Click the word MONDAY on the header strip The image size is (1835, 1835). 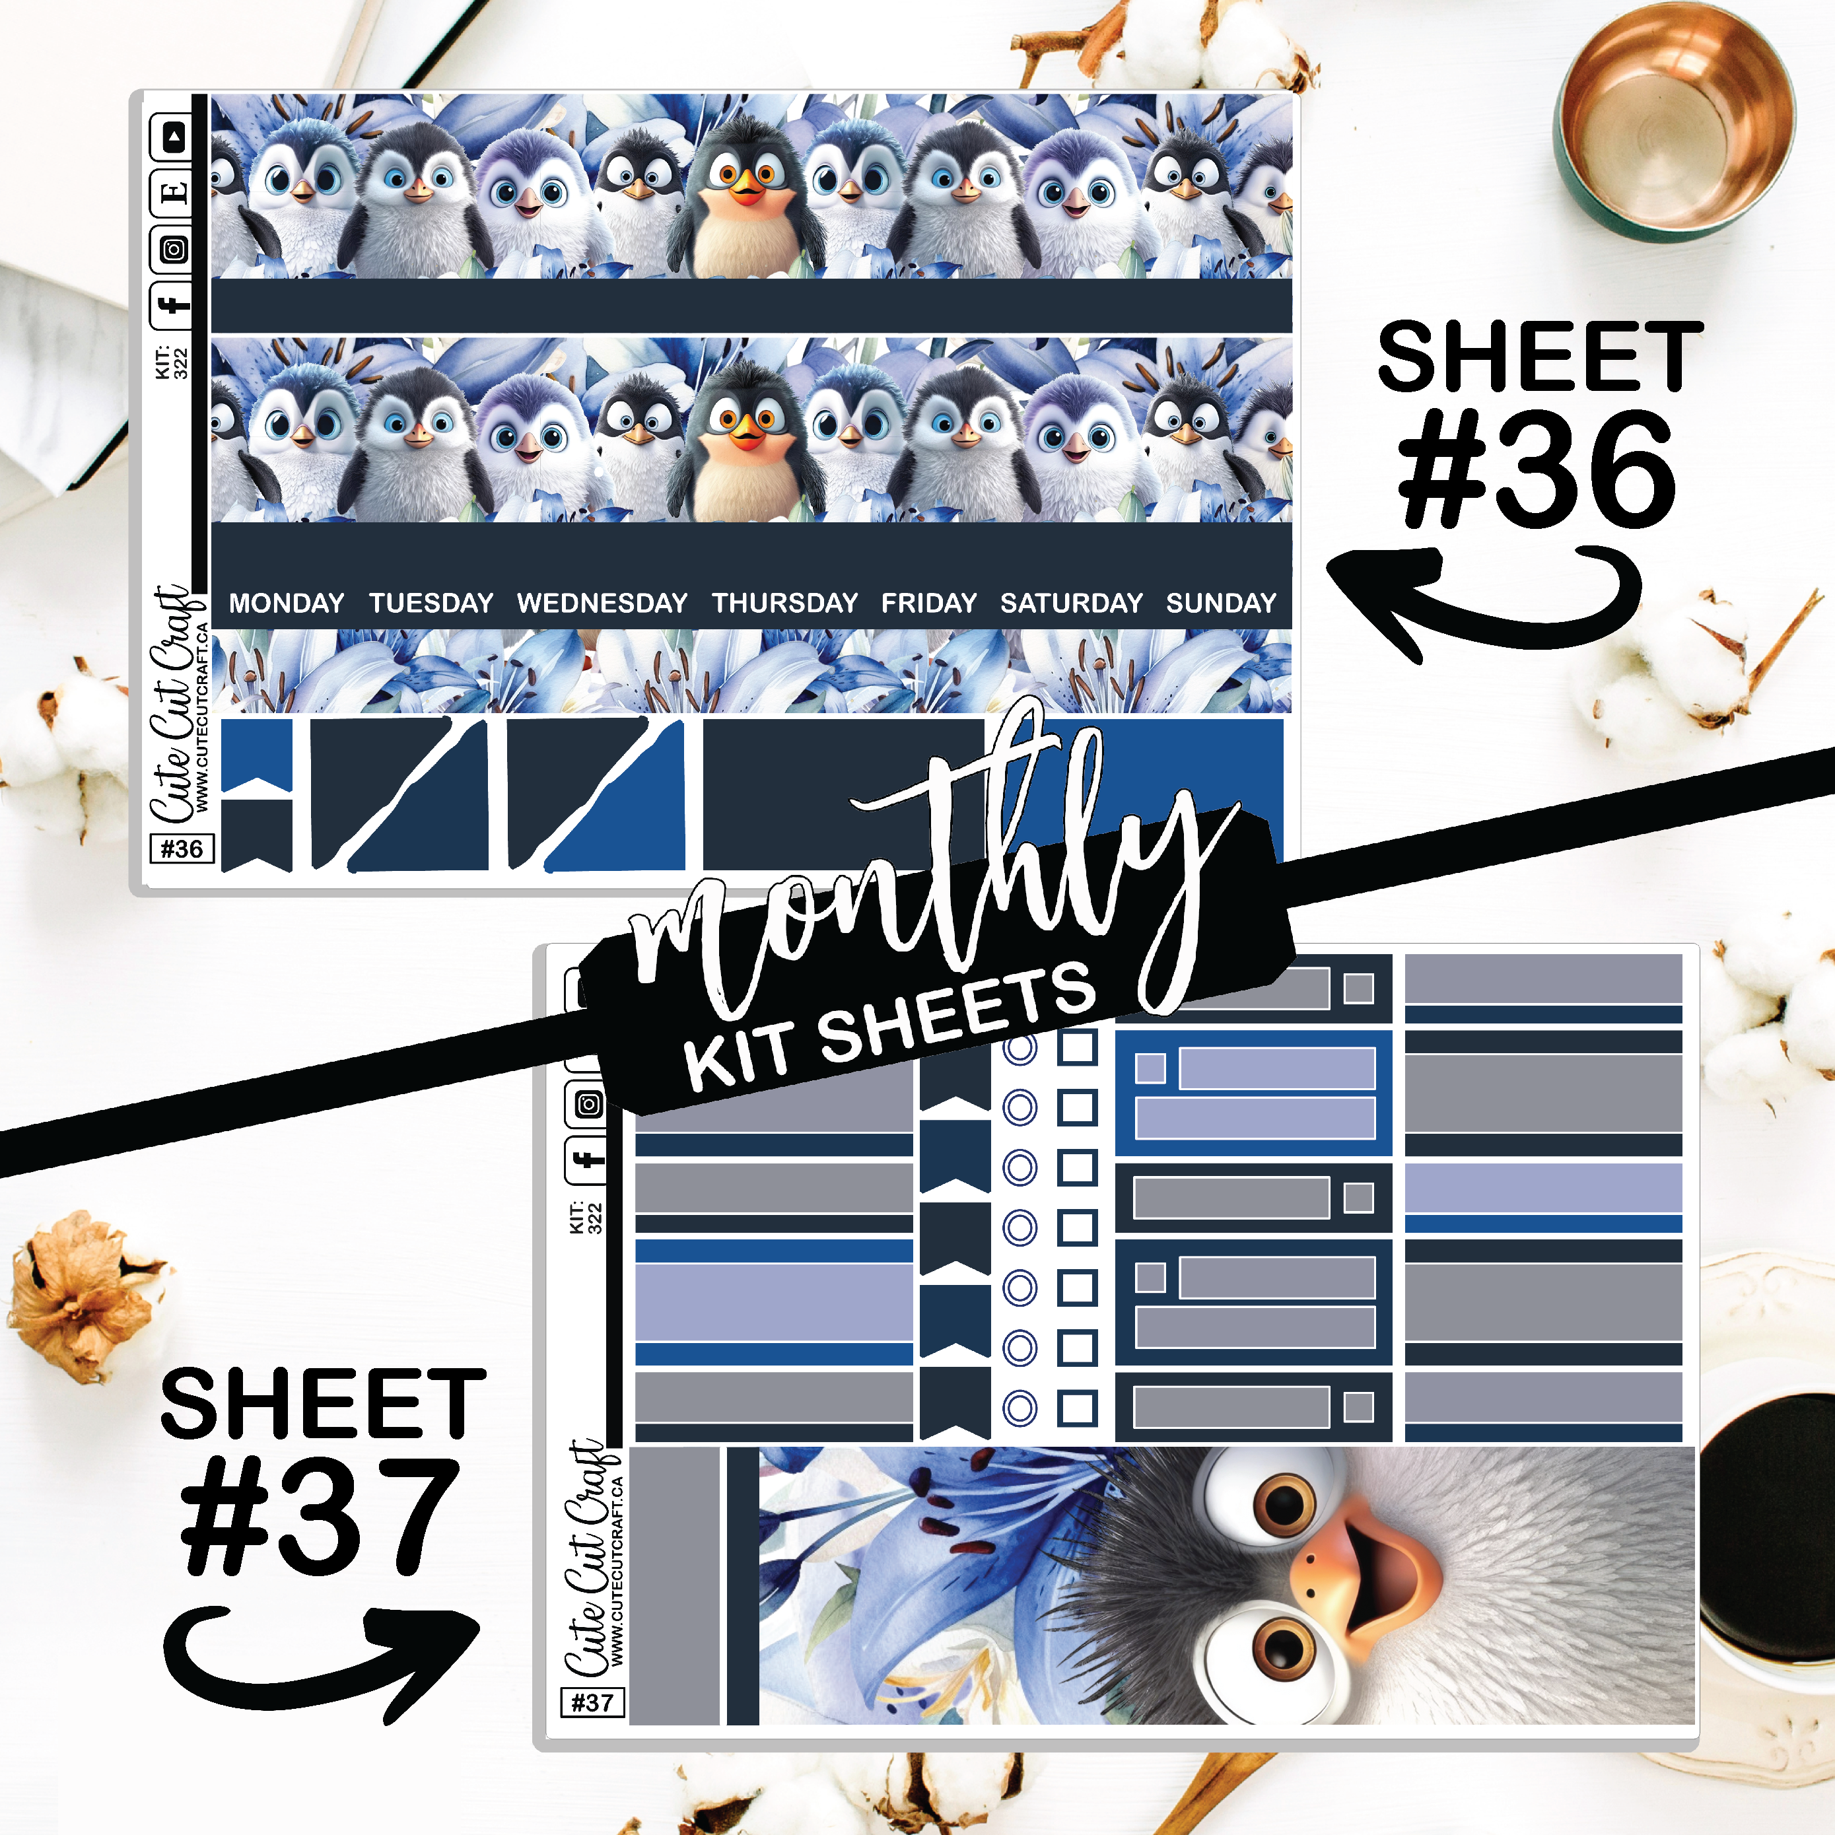(286, 603)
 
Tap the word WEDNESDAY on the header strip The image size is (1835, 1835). (602, 603)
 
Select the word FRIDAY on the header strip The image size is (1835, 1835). (929, 603)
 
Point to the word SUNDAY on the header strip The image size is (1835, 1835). (1222, 603)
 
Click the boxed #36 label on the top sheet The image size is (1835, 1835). (182, 848)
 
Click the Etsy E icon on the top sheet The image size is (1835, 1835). (172, 193)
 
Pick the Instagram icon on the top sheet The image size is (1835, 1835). (172, 250)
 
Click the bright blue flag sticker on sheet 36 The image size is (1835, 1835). (256, 756)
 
